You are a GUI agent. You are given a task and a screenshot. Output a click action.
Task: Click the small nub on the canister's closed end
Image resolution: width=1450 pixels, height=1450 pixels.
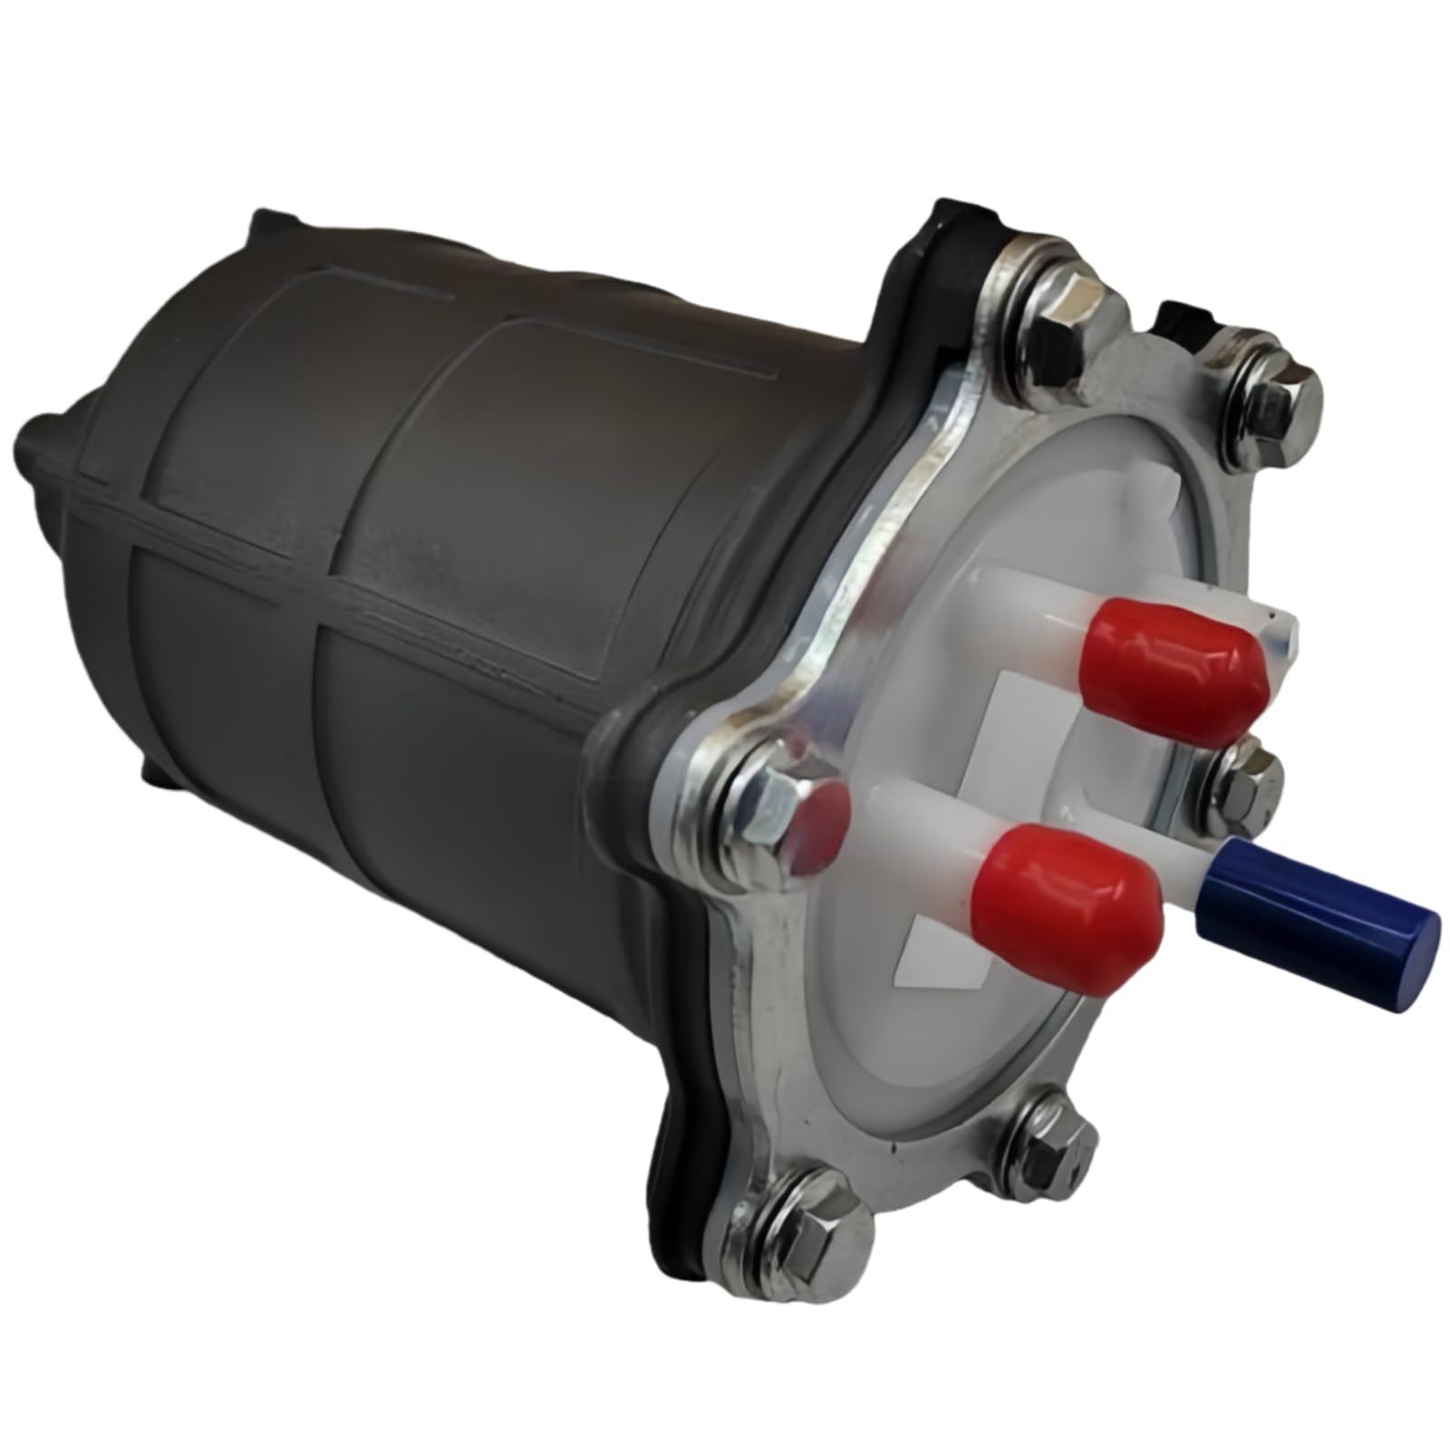pyautogui.click(x=41, y=444)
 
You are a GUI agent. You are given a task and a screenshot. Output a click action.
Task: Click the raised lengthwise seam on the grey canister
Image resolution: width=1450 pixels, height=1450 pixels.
pyautogui.click(x=362, y=589)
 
